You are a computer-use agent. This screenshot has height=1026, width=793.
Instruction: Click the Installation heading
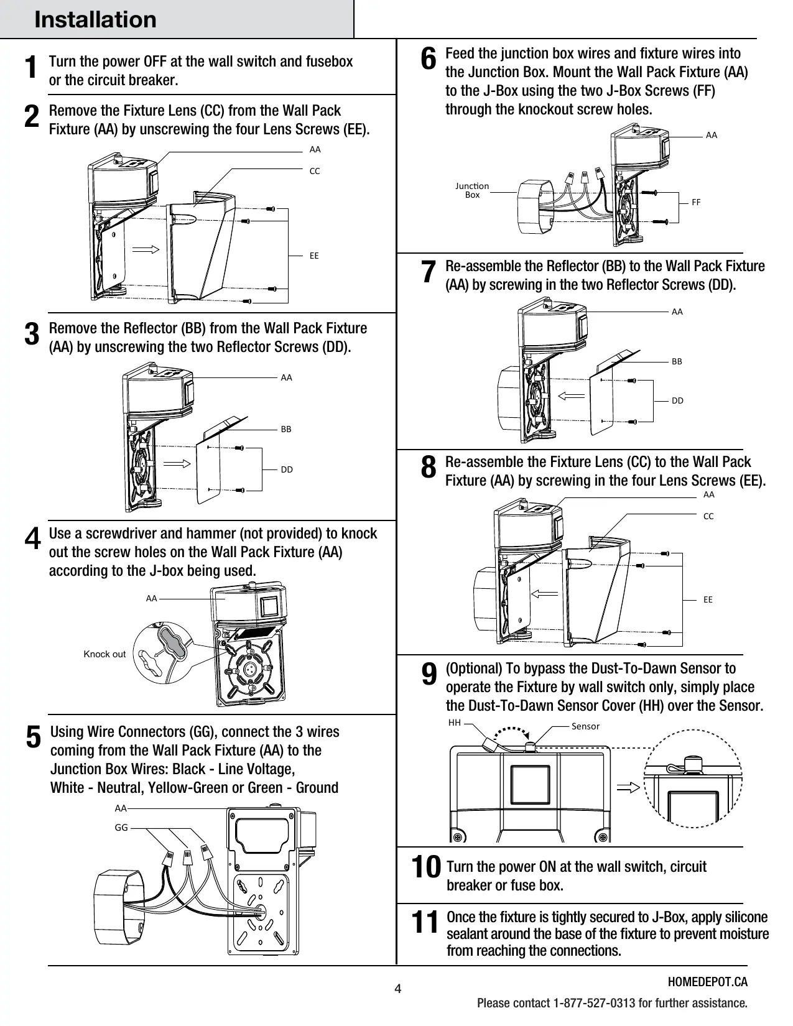coord(95,20)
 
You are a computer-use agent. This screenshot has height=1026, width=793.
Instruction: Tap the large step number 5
coord(34,737)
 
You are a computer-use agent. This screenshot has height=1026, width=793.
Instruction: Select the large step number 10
coord(426,867)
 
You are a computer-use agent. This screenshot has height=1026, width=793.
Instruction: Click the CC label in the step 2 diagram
coord(315,171)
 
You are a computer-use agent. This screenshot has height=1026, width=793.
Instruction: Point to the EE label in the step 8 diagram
coord(708,599)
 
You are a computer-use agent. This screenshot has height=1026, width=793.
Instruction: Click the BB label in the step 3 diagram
coord(286,429)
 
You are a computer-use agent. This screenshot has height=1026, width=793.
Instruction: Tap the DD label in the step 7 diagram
coord(677,400)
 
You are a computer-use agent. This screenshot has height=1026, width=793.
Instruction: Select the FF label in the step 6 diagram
coord(696,202)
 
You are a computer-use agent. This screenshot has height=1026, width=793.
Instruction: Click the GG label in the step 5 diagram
coord(121,827)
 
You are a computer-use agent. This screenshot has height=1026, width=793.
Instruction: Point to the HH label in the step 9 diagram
coord(455,723)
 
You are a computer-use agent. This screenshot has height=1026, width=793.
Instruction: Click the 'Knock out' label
coord(104,654)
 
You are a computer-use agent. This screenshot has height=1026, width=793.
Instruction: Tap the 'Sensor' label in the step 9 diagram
coord(585,726)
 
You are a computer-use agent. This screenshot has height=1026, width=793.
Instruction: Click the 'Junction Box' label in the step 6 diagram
coord(472,190)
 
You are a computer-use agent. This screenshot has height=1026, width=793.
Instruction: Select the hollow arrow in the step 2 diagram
coord(146,249)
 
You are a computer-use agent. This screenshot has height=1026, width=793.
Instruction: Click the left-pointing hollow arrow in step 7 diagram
coord(572,395)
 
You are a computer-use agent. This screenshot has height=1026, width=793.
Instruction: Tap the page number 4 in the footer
coord(397,989)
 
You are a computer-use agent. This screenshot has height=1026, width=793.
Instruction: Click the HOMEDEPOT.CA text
coord(708,982)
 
